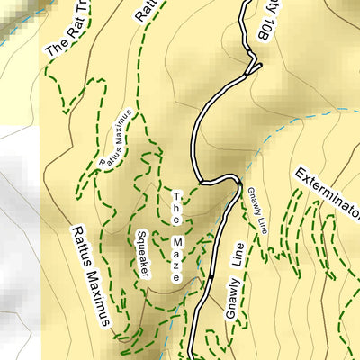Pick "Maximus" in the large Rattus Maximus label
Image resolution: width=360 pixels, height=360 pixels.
pyautogui.click(x=102, y=301)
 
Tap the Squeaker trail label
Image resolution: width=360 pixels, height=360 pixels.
pyautogui.click(x=143, y=256)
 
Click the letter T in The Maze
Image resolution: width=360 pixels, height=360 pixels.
pyautogui.click(x=177, y=195)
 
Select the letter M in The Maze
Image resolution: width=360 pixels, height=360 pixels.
pyautogui.click(x=177, y=244)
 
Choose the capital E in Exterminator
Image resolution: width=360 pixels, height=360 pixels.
pyautogui.click(x=299, y=173)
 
